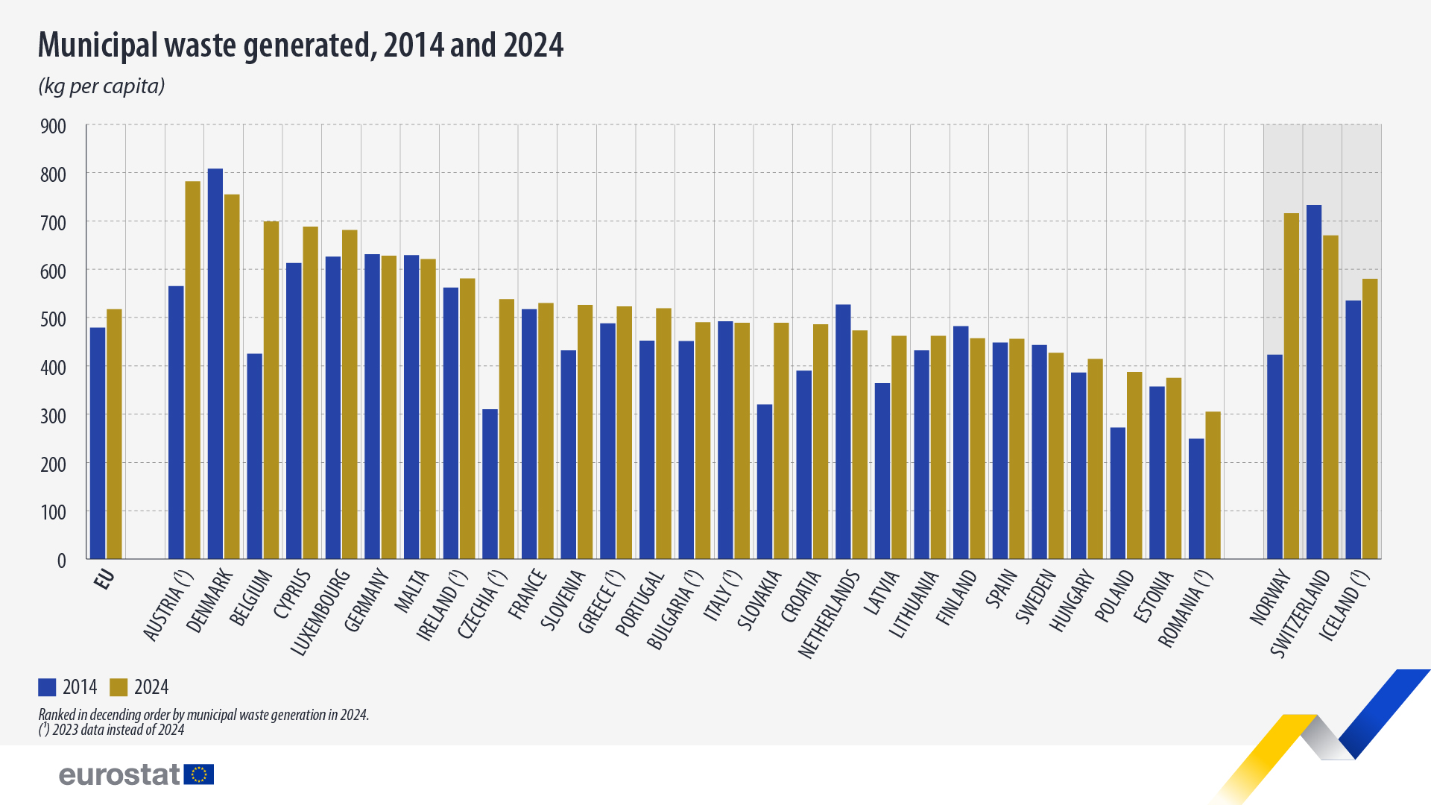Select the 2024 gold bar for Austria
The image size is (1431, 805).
tap(192, 370)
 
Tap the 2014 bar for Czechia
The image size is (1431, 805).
tap(490, 484)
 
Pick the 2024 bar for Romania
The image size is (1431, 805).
tap(1213, 485)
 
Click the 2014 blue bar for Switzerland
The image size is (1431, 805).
tap(1313, 382)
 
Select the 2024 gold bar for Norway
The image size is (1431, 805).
tap(1291, 386)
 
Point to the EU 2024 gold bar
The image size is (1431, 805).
tap(114, 434)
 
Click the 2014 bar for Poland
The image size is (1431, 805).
tap(1117, 493)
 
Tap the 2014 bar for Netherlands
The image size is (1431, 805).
tap(843, 432)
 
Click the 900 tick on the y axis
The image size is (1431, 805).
tap(53, 127)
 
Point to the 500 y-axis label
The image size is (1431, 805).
tap(53, 320)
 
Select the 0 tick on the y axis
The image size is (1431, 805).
tap(61, 561)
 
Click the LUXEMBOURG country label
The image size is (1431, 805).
tap(320, 613)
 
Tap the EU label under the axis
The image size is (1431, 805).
tap(104, 579)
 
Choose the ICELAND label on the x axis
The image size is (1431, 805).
tap(1344, 605)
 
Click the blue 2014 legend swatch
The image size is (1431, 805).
tap(47, 687)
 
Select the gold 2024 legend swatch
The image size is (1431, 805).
tap(119, 687)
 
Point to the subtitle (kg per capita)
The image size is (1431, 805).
tap(101, 86)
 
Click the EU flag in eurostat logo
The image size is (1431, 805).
tap(199, 774)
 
